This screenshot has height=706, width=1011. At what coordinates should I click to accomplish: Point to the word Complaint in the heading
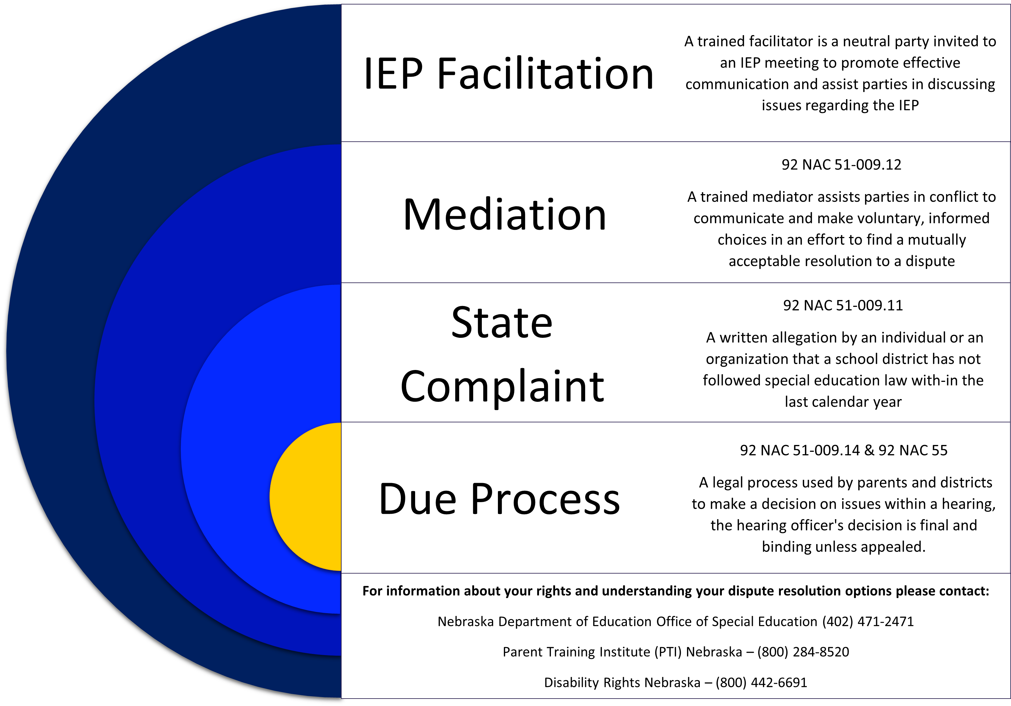[502, 386]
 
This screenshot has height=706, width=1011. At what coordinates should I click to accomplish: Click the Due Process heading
[499, 499]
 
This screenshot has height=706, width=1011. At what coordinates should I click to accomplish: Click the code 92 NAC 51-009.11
[843, 305]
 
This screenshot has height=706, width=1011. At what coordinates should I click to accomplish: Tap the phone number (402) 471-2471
[868, 621]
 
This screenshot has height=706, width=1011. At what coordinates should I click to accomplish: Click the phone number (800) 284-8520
[803, 652]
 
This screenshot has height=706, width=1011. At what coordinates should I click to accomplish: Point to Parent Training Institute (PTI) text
[592, 652]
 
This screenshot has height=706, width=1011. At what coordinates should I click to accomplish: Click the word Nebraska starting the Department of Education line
[465, 621]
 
